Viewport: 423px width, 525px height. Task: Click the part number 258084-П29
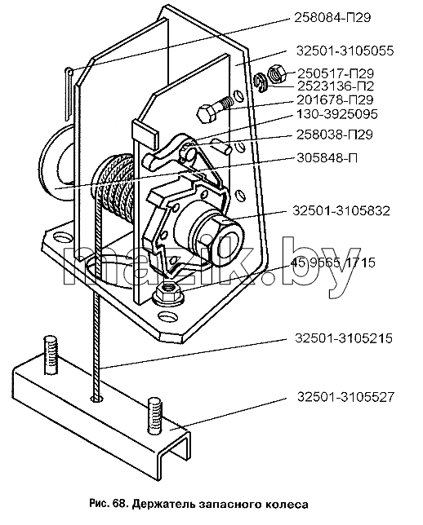click(x=332, y=17)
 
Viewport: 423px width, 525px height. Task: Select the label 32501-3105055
click(x=345, y=51)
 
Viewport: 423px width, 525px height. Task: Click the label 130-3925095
click(x=337, y=114)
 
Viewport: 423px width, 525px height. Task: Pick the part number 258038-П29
click(x=335, y=135)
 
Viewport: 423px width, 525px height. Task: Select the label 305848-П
click(x=327, y=157)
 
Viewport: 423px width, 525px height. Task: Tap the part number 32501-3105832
click(x=341, y=211)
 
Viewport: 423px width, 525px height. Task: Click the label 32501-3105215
click(x=344, y=338)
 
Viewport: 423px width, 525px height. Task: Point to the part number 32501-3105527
click(x=346, y=397)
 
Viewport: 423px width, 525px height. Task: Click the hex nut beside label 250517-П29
click(x=277, y=73)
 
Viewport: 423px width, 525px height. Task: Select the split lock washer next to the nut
click(x=260, y=82)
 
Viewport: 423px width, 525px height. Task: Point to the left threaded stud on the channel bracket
click(x=51, y=355)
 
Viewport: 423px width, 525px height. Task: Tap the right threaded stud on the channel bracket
click(x=154, y=414)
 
